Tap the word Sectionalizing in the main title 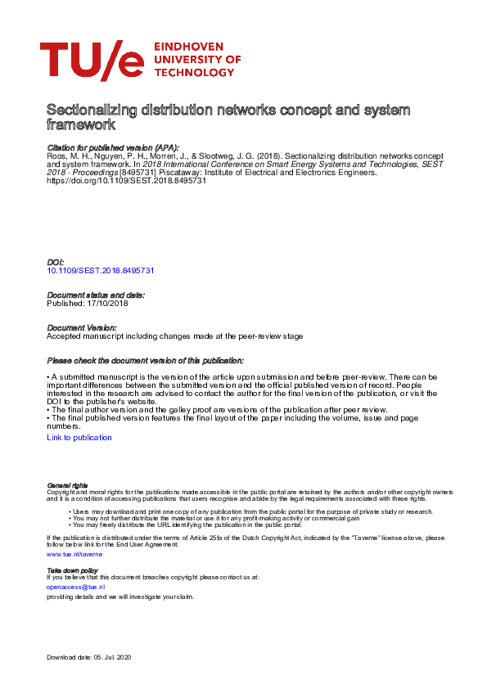pos(88,110)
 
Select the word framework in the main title pos(81,125)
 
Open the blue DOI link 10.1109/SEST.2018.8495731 pos(101,269)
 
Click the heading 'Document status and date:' pos(96,295)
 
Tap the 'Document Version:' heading pos(82,327)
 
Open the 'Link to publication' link pos(79,438)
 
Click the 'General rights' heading pos(67,485)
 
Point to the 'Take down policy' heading pos(72,570)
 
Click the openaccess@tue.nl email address pos(76,587)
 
